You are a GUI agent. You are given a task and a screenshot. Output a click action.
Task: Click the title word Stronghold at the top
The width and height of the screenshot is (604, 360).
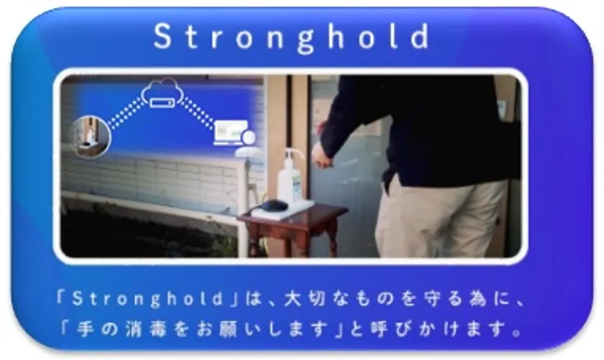(x=292, y=37)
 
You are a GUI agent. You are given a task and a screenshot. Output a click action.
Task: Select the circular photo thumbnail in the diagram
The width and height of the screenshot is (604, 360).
(x=91, y=137)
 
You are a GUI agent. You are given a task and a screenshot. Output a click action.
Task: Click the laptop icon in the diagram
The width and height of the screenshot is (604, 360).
(x=232, y=133)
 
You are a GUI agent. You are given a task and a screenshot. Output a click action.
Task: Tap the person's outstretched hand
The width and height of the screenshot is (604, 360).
(x=322, y=155)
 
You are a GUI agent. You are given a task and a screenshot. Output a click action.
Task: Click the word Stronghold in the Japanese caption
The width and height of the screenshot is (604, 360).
(x=147, y=299)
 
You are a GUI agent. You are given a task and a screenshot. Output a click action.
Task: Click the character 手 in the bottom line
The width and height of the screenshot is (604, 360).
(x=86, y=329)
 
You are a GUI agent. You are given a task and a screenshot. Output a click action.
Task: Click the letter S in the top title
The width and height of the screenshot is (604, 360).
(x=163, y=36)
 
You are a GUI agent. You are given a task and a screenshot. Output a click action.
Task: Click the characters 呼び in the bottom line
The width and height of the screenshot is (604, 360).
(x=390, y=329)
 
